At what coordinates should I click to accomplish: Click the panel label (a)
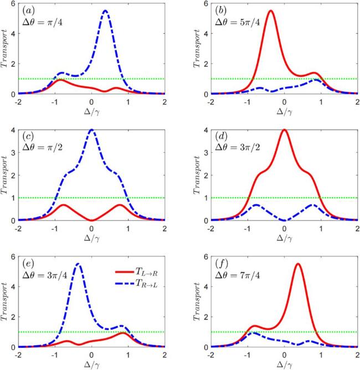[28, 11]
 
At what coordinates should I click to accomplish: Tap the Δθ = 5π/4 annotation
[238, 22]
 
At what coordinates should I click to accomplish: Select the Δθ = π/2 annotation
[42, 147]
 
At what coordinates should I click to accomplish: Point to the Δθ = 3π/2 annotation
[238, 147]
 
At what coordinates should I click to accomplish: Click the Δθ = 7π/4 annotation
[238, 275]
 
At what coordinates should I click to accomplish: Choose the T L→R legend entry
[136, 272]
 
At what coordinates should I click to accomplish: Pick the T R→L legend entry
[136, 284]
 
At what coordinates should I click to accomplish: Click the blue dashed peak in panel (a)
[105, 11]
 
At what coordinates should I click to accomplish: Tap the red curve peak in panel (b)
[271, 11]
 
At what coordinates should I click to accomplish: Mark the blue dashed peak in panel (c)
[91, 130]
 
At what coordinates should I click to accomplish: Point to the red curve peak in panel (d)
[284, 130]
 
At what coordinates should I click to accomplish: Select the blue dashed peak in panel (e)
[78, 264]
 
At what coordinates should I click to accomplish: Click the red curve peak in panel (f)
[298, 264]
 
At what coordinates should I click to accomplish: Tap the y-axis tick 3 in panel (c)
[13, 152]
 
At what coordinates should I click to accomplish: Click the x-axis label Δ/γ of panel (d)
[284, 238]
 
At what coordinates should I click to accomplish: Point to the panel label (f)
[222, 264]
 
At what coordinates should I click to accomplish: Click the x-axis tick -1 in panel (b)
[247, 102]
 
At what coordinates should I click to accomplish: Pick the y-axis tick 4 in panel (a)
[13, 33]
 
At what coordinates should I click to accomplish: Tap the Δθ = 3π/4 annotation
[45, 275]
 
